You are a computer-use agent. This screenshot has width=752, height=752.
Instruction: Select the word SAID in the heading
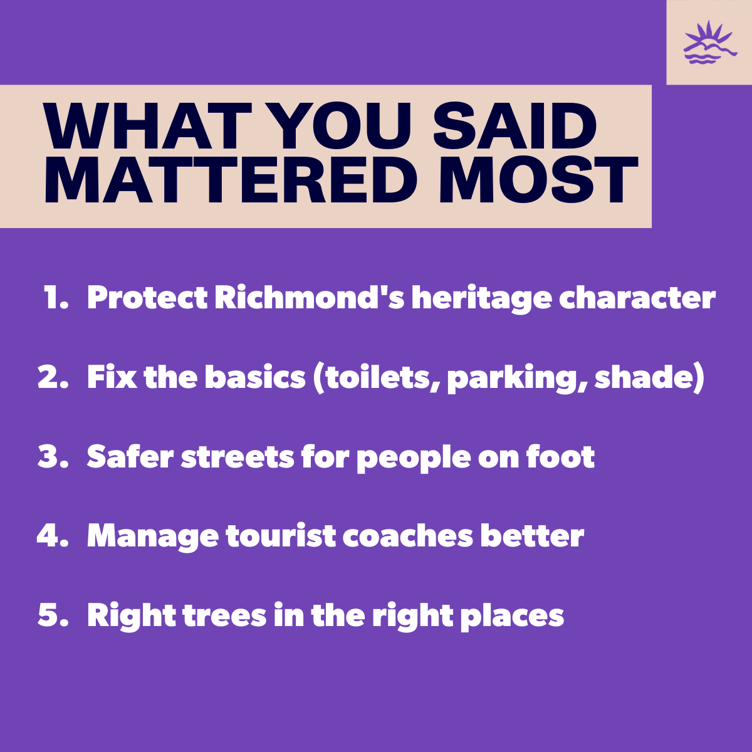(514, 126)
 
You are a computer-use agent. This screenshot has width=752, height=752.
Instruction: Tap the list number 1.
(56, 298)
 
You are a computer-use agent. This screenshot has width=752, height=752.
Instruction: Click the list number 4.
(53, 535)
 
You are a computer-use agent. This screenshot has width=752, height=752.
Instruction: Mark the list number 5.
(53, 615)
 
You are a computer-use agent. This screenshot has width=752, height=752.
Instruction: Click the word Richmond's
(310, 298)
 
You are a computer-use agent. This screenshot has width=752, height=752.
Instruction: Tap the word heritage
(482, 300)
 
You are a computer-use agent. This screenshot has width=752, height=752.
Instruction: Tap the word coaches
(408, 535)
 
